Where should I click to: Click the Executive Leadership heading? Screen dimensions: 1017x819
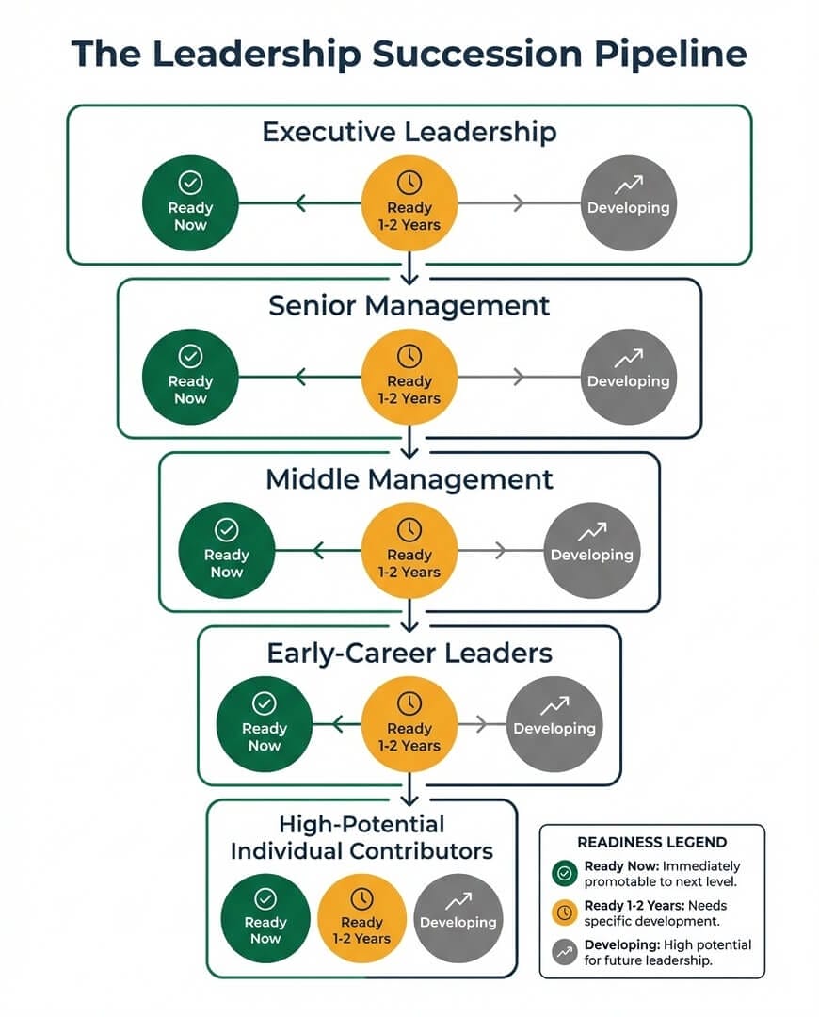[409, 131]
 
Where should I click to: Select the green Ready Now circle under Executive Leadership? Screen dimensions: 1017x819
[190, 203]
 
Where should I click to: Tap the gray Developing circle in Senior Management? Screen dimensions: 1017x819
[628, 377]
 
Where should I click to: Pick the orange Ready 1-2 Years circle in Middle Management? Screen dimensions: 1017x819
[409, 551]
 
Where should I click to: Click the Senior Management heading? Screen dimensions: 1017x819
[409, 305]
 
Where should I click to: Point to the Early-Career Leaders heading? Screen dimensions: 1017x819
[409, 653]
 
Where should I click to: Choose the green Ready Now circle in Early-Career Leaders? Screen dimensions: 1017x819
[265, 724]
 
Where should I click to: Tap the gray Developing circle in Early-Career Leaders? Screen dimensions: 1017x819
[554, 724]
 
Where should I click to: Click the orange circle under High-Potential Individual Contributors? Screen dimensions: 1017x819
[362, 918]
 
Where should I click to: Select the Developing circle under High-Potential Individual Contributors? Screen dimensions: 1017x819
[458, 918]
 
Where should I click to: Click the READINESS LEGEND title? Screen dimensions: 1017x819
[651, 843]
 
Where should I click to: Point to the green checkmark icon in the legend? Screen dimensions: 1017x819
[565, 874]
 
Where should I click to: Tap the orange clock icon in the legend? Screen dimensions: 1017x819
[565, 912]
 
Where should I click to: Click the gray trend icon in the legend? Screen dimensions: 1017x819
[565, 952]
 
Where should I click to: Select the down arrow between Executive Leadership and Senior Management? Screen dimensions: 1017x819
[409, 274]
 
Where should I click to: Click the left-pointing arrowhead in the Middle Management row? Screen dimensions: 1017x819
[319, 550]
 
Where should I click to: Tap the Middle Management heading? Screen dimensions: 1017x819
[409, 479]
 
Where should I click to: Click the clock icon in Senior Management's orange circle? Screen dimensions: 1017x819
[409, 356]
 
